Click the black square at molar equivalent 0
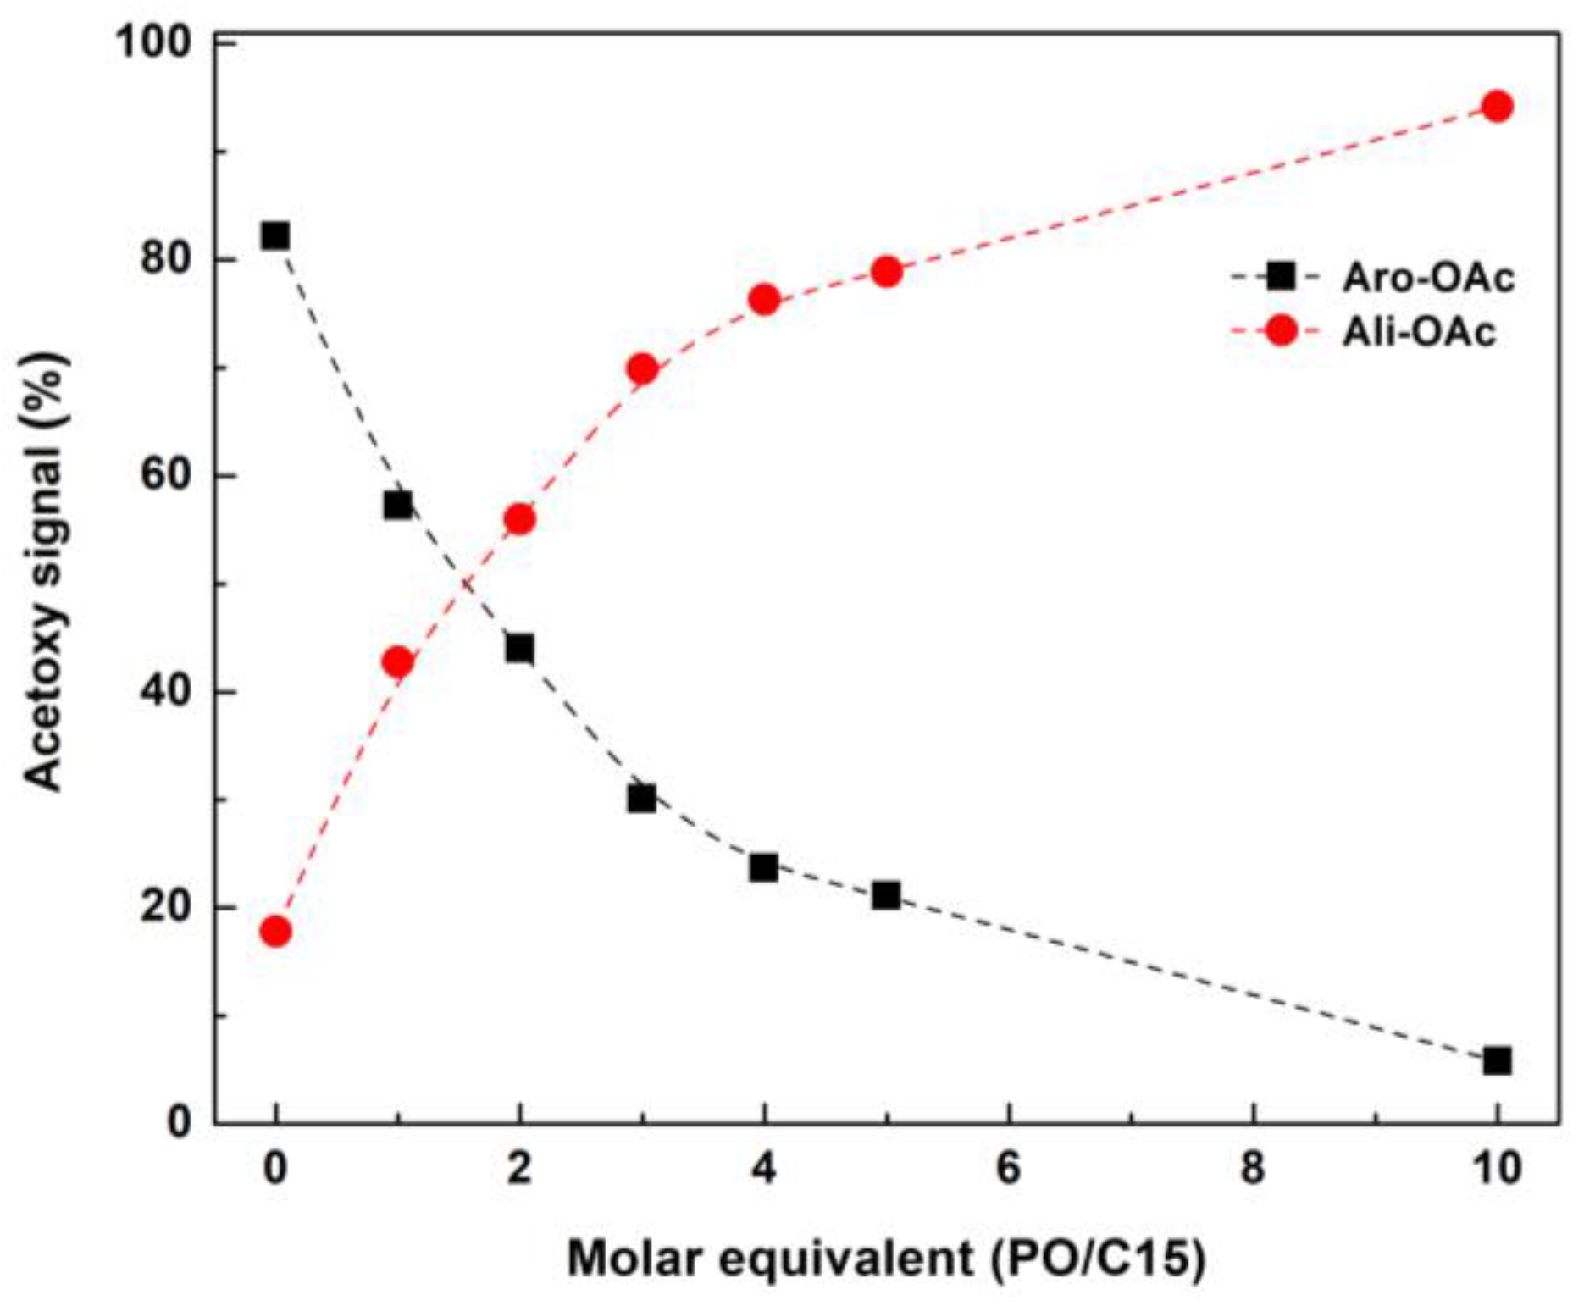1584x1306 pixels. [x=275, y=235]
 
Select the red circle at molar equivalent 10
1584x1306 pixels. [x=1497, y=107]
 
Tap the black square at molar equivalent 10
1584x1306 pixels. [x=1497, y=1060]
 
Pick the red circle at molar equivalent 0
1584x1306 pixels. [x=275, y=932]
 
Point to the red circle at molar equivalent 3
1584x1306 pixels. [x=642, y=369]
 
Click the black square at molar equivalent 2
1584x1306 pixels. [x=519, y=649]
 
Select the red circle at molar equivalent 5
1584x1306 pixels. [x=886, y=272]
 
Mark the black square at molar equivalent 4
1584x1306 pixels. [x=763, y=868]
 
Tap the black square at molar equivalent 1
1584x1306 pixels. [x=397, y=506]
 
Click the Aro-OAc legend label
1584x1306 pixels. [x=1428, y=278]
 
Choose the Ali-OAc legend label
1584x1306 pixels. [x=1419, y=331]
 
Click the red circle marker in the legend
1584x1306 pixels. [x=1282, y=330]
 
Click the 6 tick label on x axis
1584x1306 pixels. [x=1008, y=1169]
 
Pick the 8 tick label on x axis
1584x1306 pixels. [x=1252, y=1169]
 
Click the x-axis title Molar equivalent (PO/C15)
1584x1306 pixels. [x=885, y=1259]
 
